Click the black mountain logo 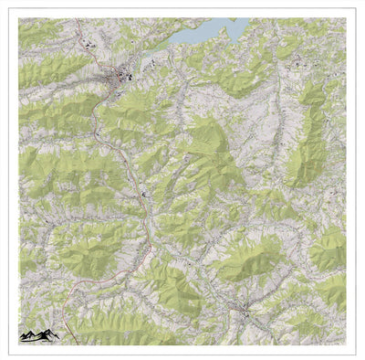point(39,335)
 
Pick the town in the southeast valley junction point(243,311)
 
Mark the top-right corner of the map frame point(346,18)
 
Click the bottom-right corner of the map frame point(346,344)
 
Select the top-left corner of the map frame point(19,18)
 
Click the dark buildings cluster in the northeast point(297,64)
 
